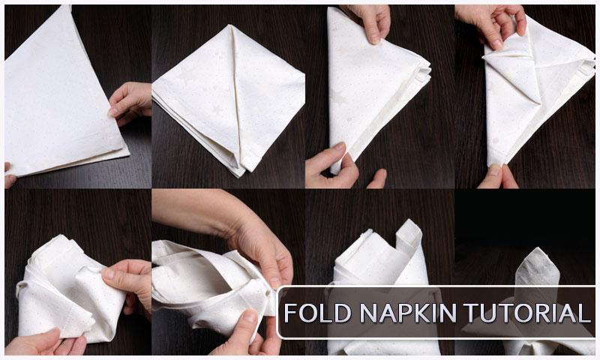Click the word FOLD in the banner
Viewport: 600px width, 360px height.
tap(317, 313)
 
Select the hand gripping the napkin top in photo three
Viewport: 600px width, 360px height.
tap(368, 21)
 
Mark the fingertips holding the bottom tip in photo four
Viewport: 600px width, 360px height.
tap(498, 175)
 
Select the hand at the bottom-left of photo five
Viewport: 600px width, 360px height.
tap(44, 343)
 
